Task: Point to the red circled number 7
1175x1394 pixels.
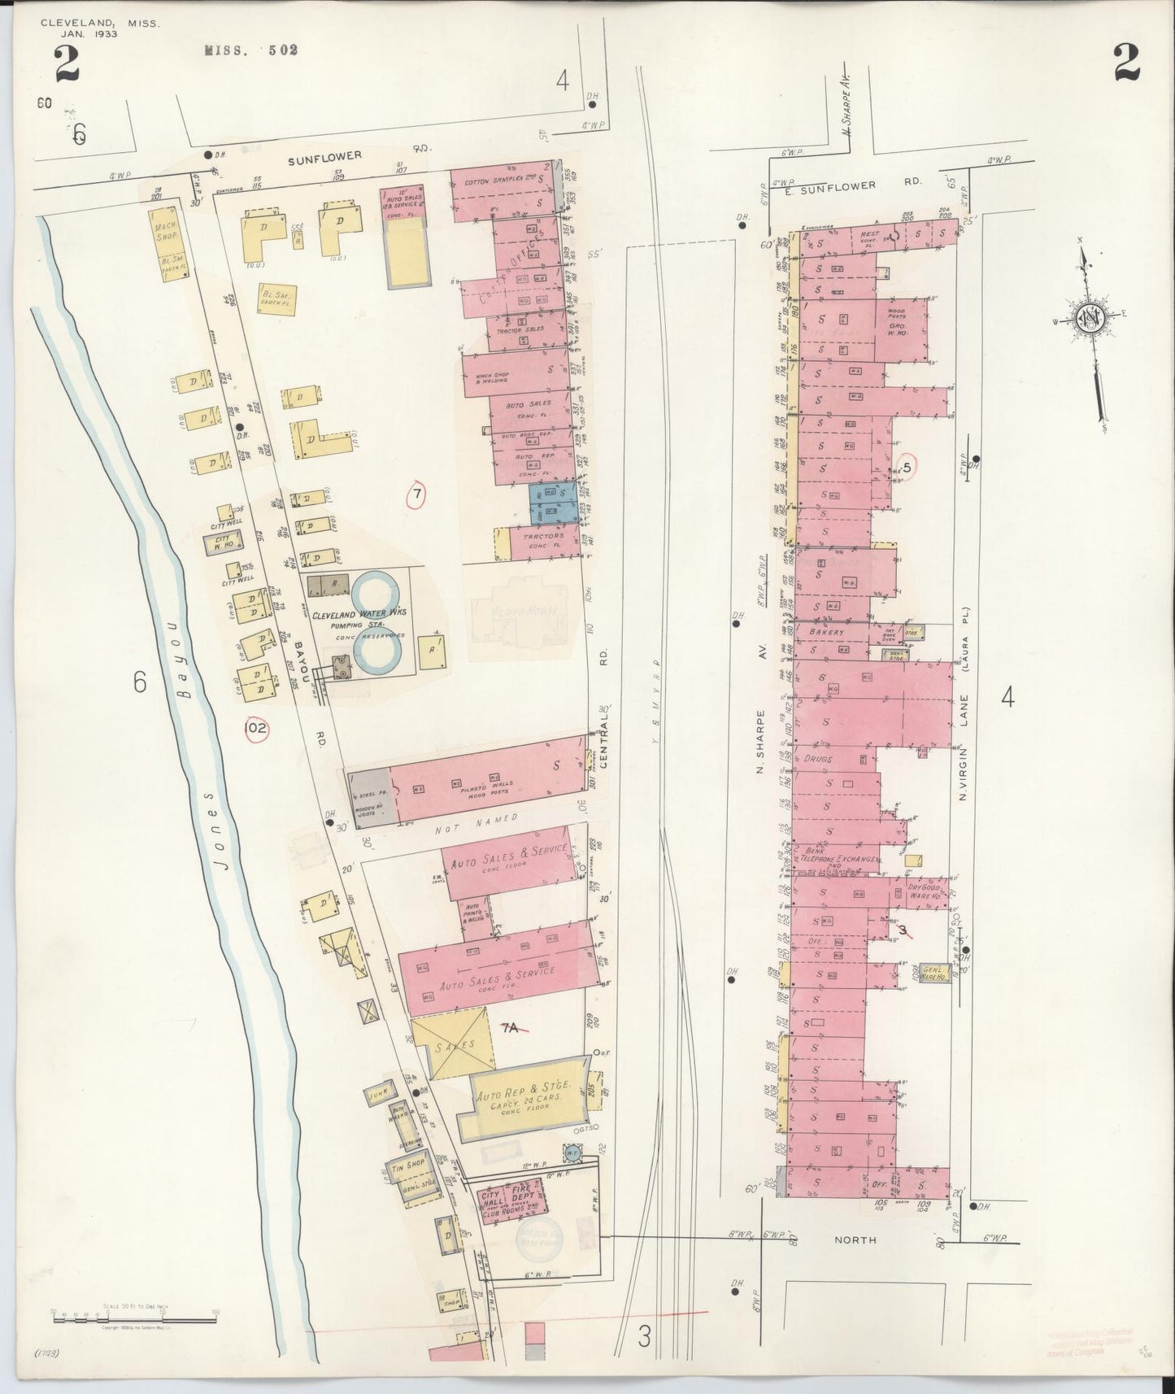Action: point(416,494)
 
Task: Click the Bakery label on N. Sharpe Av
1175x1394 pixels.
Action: point(827,631)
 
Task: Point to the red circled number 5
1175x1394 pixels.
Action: point(907,466)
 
